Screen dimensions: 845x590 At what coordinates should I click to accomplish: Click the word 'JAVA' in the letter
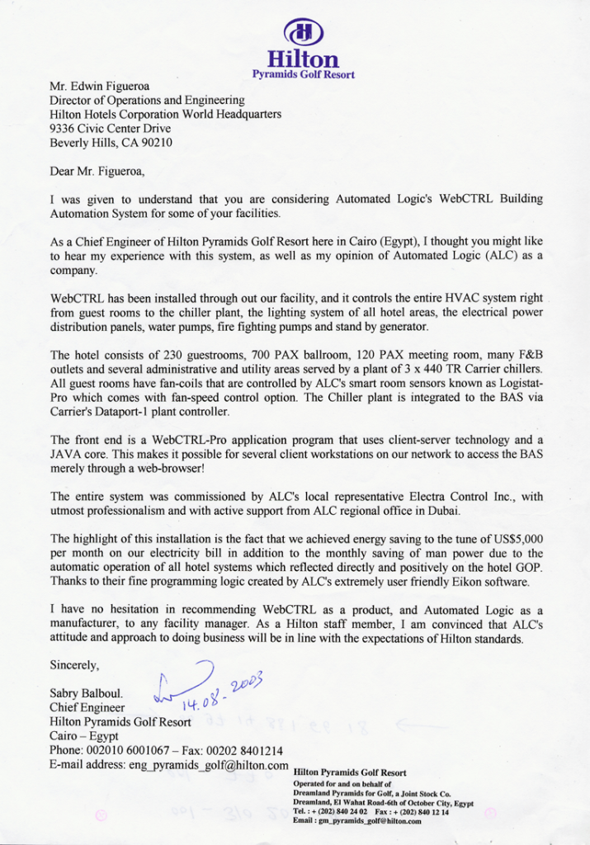(67, 454)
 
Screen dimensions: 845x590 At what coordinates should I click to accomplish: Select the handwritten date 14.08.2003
(219, 692)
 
